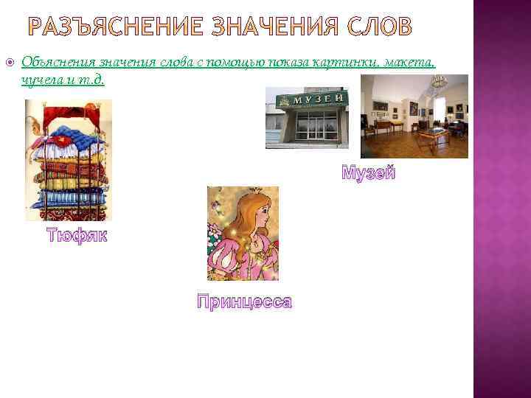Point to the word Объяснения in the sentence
tap(55, 64)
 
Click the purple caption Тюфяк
tap(77, 236)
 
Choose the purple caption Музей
tap(368, 174)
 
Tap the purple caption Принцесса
tap(244, 302)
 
